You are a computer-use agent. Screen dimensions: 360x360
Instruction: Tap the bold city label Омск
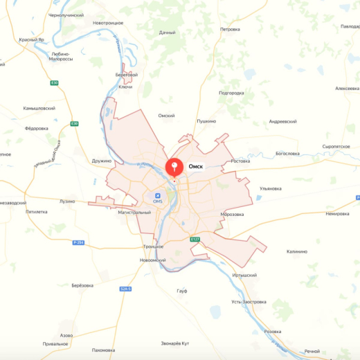coord(195,167)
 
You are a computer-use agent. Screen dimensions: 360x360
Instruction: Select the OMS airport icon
coord(157,195)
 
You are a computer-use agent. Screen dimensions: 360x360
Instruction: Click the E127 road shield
coord(195,240)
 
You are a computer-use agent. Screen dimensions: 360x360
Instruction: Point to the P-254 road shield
coord(78,242)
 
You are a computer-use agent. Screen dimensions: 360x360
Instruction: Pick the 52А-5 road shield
coord(125,288)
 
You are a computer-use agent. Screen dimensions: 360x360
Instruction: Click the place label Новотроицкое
coord(108,23)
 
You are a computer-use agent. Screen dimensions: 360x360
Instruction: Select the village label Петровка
coord(230,29)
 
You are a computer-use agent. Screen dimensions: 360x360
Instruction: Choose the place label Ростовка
coord(240,161)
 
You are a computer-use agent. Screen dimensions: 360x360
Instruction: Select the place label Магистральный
coord(134,212)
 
